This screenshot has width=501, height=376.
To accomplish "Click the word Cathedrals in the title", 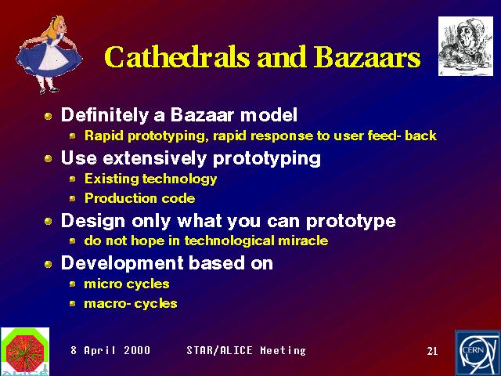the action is (x=177, y=57).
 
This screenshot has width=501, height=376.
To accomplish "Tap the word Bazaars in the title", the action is (x=367, y=57).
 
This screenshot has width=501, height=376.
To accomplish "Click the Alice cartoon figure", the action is (x=49, y=54).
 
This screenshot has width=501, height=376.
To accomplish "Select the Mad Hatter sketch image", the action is (x=466, y=46).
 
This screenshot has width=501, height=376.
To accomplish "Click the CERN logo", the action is (x=478, y=353).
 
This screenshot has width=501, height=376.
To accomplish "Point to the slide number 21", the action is (x=432, y=351).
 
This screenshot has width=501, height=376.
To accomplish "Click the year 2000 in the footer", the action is (x=137, y=350).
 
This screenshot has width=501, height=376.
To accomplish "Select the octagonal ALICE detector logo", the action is (x=25, y=351).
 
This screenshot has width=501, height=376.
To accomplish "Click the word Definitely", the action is (x=104, y=115).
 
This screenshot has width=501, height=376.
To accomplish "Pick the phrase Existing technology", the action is (x=150, y=179).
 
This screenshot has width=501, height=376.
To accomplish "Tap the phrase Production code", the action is (x=139, y=198).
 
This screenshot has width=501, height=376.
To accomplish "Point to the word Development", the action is (x=122, y=263).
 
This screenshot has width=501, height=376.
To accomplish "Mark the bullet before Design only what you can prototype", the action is (x=49, y=221).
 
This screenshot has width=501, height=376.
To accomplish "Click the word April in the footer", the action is (x=99, y=351).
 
